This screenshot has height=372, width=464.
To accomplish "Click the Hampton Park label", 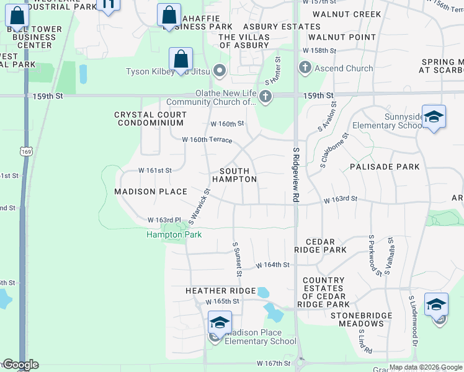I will pyautogui.click(x=174, y=234).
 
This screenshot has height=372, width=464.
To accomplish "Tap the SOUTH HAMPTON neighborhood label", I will pyautogui.click(x=234, y=175).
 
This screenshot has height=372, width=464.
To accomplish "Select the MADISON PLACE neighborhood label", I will pyautogui.click(x=151, y=192).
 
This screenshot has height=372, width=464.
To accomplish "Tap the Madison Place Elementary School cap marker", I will pyautogui.click(x=220, y=322).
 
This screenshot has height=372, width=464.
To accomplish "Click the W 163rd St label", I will pyautogui.click(x=341, y=200).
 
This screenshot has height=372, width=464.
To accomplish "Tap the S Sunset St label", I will pyautogui.click(x=237, y=260).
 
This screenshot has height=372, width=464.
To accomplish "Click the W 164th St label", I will pyautogui.click(x=274, y=265).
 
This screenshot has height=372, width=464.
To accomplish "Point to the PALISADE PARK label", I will pyautogui.click(x=385, y=167).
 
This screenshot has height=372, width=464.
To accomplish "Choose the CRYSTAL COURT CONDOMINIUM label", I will pyautogui.click(x=150, y=118).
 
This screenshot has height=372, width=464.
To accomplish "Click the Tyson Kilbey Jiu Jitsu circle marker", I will pyautogui.click(x=218, y=69).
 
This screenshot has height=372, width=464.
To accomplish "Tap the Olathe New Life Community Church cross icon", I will pyautogui.click(x=265, y=96).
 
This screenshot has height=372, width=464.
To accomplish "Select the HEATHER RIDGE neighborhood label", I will pyautogui.click(x=221, y=291).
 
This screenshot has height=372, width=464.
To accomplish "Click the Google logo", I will pyautogui.click(x=20, y=365).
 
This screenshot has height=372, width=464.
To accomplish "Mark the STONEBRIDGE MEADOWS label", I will pyautogui.click(x=361, y=319).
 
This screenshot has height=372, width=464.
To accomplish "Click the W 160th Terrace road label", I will pyautogui.click(x=207, y=140).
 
